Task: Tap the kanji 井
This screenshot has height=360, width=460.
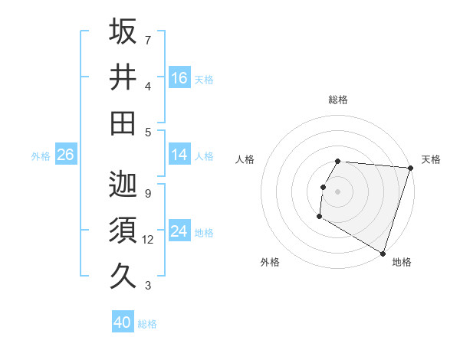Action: (x=123, y=77)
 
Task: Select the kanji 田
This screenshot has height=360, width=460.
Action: (x=123, y=123)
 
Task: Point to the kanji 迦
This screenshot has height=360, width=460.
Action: (x=123, y=183)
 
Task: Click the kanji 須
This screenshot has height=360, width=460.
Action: (x=123, y=229)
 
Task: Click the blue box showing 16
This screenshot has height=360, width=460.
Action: (x=179, y=78)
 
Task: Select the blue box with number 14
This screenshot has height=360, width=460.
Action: (x=179, y=155)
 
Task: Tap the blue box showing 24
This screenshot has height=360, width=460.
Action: (x=179, y=231)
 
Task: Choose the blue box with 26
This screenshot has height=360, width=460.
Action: (x=65, y=155)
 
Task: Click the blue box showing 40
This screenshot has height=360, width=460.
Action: (x=123, y=323)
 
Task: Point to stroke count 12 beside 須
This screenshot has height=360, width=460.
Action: (x=149, y=240)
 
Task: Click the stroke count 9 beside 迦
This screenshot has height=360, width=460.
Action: (x=148, y=193)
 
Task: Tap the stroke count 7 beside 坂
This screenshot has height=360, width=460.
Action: (x=148, y=40)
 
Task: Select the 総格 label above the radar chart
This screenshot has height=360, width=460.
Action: (x=338, y=100)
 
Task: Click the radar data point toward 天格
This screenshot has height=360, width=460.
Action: (x=411, y=168)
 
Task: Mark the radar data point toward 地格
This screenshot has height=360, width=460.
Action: (x=383, y=252)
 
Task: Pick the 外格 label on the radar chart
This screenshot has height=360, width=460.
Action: (x=270, y=262)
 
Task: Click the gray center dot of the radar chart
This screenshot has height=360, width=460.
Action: (x=338, y=191)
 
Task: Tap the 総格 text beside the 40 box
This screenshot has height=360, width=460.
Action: (x=148, y=324)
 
